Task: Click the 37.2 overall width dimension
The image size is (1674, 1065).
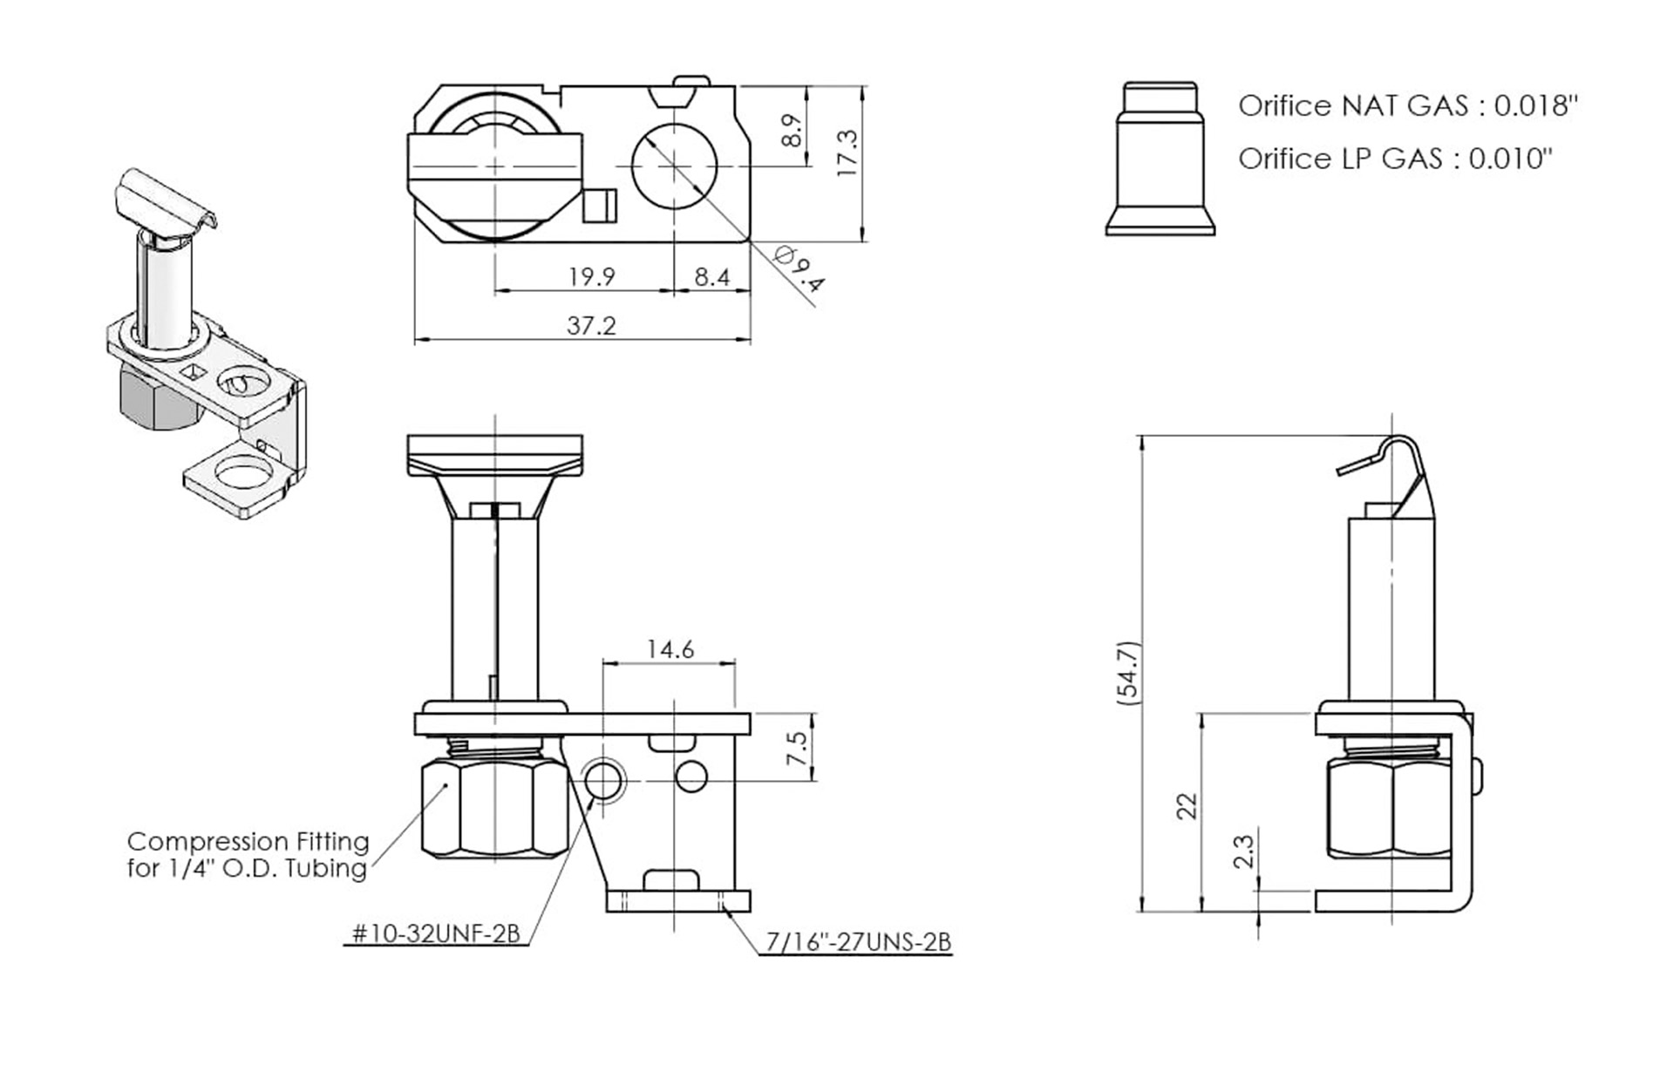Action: (x=591, y=325)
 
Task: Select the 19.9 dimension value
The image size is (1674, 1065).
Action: (x=591, y=276)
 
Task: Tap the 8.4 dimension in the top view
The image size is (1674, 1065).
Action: (x=711, y=276)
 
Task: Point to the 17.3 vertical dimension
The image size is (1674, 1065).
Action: (x=847, y=153)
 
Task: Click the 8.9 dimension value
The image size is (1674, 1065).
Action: (x=792, y=130)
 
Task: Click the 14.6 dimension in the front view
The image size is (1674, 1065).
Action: (x=670, y=649)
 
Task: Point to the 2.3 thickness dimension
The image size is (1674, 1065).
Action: (x=1244, y=851)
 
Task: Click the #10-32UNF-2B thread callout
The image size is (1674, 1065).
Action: (x=436, y=934)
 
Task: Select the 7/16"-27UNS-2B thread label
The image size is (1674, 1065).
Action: (x=858, y=942)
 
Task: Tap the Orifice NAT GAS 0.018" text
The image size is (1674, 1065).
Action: (x=1407, y=105)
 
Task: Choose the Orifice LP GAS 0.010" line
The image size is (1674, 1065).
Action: (x=1395, y=159)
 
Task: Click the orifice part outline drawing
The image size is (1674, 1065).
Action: (x=1160, y=161)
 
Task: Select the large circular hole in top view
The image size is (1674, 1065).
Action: (x=673, y=166)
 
